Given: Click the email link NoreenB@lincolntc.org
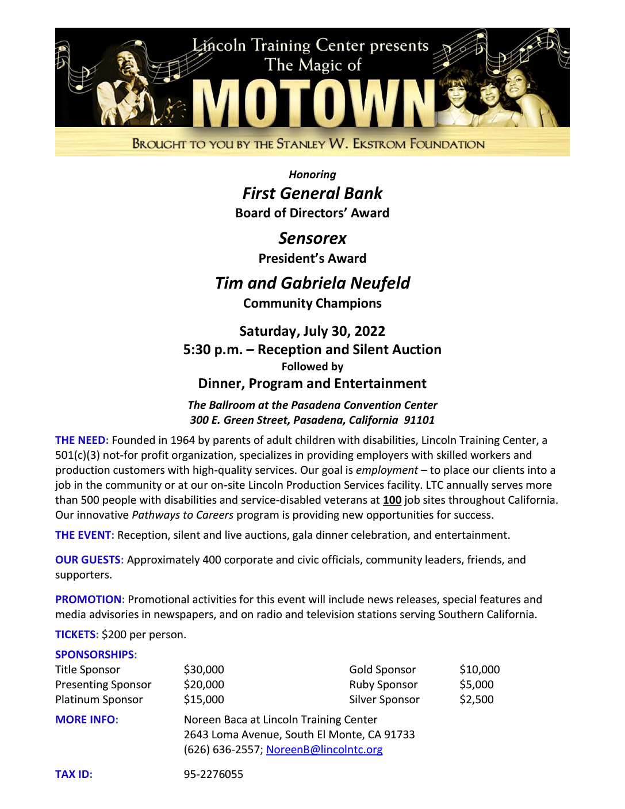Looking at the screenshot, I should tap(324, 750).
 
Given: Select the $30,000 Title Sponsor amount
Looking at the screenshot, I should tap(204, 670).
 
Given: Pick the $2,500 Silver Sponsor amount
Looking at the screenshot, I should tap(476, 700).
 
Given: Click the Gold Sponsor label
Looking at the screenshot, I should tap(382, 670).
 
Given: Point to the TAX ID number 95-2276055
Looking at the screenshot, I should tap(213, 775).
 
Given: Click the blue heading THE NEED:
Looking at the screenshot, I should tap(82, 440).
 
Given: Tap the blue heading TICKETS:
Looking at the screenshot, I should tap(77, 635).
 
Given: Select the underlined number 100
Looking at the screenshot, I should tap(392, 500).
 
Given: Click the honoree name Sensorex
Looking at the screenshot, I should tap(312, 239).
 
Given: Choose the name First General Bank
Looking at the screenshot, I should tap(312, 194).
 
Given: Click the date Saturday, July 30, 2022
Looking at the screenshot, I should tap(312, 331).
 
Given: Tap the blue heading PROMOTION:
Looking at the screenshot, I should tap(90, 600).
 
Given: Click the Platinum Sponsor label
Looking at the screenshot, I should tap(99, 700).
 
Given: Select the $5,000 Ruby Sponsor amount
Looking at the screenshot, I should tap(476, 685).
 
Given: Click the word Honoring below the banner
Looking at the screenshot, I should tap(312, 175).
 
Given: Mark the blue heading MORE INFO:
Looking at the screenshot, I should tap(87, 720).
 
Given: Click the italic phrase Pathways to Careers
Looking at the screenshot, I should tap(183, 515).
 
